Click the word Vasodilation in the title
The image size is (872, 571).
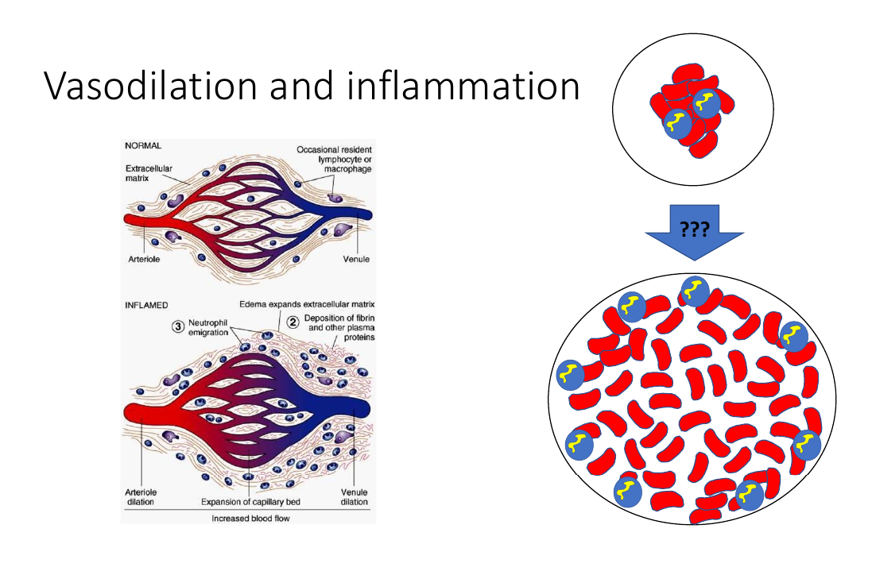[x=150, y=86]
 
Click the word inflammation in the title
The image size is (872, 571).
[x=463, y=86]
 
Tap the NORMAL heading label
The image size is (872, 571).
[x=143, y=145]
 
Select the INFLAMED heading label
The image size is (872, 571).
[x=146, y=305]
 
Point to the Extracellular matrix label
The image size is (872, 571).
[x=149, y=173]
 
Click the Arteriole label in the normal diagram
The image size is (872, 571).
[x=144, y=259]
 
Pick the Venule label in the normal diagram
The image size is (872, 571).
[x=356, y=259]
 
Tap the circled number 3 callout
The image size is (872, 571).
[x=178, y=326]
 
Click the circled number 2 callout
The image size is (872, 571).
[x=293, y=322]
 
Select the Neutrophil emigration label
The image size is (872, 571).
[x=208, y=327]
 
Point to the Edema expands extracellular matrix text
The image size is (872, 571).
[x=307, y=304]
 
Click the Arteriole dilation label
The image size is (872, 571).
[x=141, y=496]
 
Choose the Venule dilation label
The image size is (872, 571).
[x=355, y=496]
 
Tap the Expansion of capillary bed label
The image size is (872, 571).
[x=250, y=502]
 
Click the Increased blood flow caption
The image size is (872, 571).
[x=250, y=519]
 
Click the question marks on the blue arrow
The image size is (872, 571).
[x=694, y=228]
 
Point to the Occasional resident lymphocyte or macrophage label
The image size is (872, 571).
[x=334, y=159]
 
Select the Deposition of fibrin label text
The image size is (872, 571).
[x=339, y=327]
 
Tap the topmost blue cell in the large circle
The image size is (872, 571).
[x=695, y=291]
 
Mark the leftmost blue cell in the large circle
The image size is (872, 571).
[x=569, y=375]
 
